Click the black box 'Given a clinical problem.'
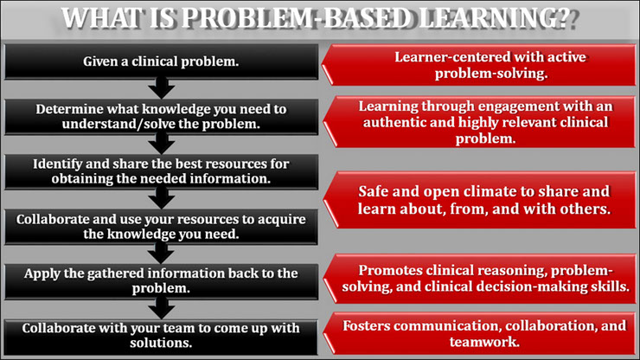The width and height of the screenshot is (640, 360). point(161,61)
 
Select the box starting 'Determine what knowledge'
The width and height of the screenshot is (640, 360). point(161,117)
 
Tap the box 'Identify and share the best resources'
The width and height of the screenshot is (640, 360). point(161,171)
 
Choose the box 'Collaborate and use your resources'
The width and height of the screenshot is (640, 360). point(161,227)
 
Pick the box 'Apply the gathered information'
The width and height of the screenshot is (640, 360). point(161,281)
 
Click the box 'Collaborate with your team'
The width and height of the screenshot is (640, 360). point(161,337)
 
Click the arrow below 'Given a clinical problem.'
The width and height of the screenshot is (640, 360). point(162,88)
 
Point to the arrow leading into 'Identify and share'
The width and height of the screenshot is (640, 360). point(162,144)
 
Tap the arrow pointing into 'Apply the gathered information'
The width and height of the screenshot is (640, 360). point(162,254)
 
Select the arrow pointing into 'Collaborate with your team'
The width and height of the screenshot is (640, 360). point(162,309)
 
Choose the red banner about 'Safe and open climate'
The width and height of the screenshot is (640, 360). point(479,200)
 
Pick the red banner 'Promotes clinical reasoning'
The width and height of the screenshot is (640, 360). point(479,279)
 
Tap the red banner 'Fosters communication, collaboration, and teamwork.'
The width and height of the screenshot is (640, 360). point(479,333)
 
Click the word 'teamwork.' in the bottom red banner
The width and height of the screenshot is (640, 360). point(484,341)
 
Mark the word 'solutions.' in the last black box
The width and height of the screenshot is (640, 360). point(161,343)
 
